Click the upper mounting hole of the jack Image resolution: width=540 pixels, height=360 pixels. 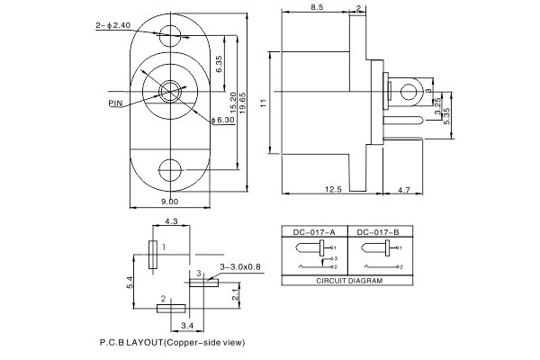click(169, 37)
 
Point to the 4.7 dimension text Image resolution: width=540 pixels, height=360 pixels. click(404, 189)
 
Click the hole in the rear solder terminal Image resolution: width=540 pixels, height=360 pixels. click(411, 91)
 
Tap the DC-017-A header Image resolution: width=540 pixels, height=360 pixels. click(315, 232)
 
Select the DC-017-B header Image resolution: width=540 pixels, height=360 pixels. click(378, 232)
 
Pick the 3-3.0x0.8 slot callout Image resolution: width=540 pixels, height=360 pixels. click(240, 266)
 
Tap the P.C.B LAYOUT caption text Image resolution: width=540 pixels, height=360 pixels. click(171, 343)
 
